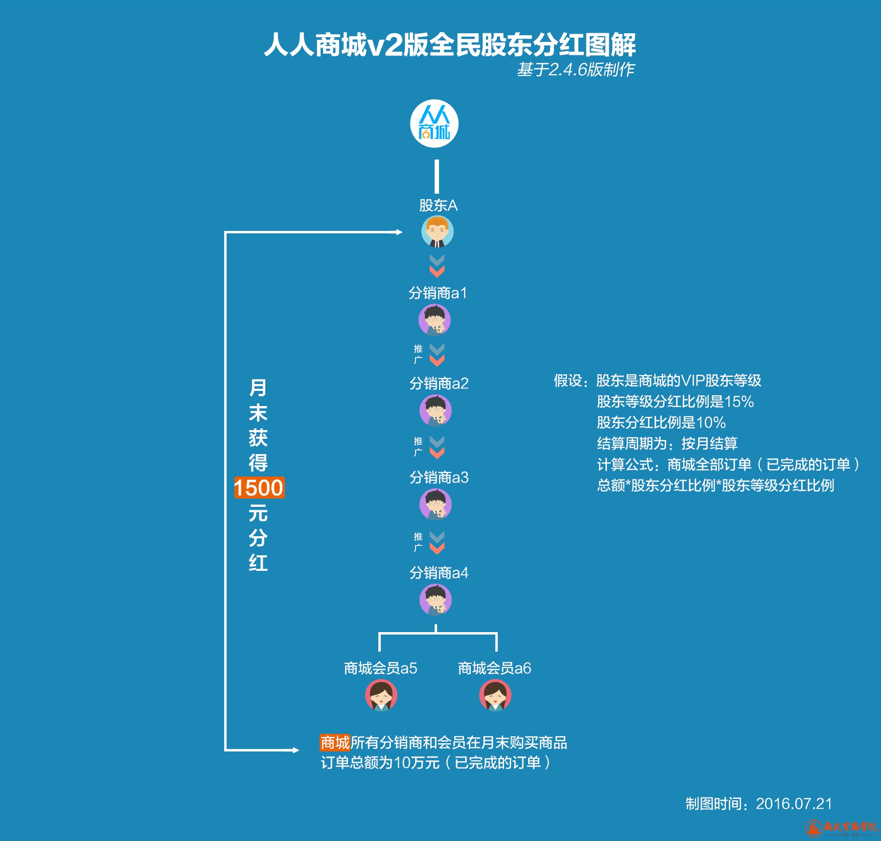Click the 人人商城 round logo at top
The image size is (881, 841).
click(434, 124)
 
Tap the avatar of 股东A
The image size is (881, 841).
click(437, 232)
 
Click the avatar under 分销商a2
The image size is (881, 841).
click(435, 410)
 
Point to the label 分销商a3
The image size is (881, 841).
click(439, 477)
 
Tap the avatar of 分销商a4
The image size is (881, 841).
click(435, 600)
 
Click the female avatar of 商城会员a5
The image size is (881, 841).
click(381, 695)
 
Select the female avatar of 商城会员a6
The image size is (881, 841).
click(495, 695)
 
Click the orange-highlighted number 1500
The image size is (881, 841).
click(259, 488)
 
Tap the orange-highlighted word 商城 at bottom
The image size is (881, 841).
click(335, 742)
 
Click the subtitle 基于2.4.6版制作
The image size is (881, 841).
click(576, 69)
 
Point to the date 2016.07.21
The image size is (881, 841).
click(793, 803)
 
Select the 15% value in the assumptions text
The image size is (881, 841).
click(739, 402)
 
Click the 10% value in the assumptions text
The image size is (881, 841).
click(711, 423)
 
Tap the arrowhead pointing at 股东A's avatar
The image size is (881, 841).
click(398, 232)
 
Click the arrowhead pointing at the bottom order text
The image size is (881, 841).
click(295, 750)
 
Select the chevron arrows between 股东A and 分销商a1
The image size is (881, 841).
click(437, 266)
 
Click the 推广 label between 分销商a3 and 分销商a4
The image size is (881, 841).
click(417, 542)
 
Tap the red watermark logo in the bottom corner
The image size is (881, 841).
click(814, 828)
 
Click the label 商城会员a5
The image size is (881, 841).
click(380, 668)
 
